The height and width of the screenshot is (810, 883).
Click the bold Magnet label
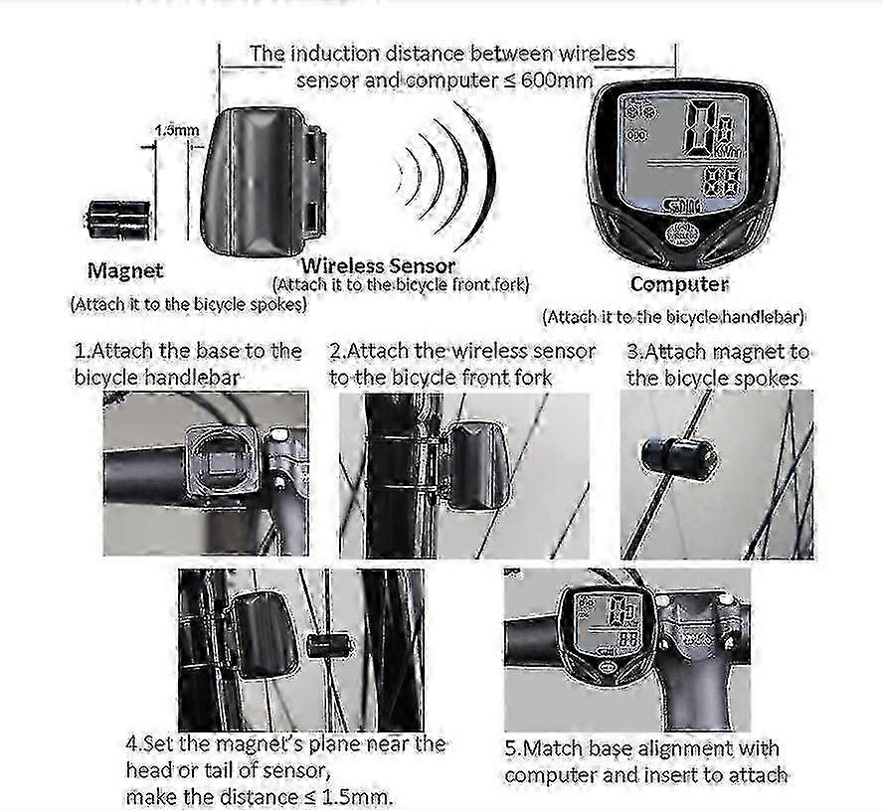[x=125, y=270]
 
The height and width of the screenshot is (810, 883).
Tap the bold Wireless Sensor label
[x=378, y=265]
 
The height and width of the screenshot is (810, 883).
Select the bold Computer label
[x=679, y=284]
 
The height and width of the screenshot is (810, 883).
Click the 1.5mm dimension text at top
[x=177, y=130]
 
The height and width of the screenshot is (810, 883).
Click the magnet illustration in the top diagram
[x=117, y=220]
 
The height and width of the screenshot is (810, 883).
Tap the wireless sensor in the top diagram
[x=264, y=182]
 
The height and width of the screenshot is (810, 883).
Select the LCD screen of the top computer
[x=682, y=153]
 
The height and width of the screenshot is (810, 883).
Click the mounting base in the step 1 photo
[x=224, y=463]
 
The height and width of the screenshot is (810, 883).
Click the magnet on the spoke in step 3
[x=678, y=459]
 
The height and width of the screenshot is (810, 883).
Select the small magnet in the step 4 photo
[x=329, y=646]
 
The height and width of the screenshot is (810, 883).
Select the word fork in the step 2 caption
[x=532, y=377]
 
